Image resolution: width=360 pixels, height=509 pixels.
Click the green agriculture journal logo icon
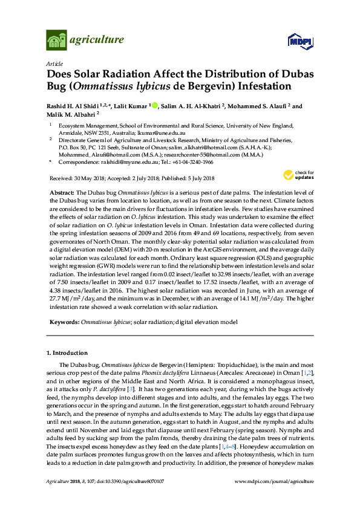[x=56, y=41]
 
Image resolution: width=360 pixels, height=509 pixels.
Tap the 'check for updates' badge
[x=298, y=176]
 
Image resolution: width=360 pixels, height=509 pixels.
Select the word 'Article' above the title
[x=54, y=63]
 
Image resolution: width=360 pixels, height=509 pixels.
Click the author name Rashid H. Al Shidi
[x=73, y=106]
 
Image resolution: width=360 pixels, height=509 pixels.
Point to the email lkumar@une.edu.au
[x=167, y=132]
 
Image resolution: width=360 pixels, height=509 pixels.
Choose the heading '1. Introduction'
[x=67, y=353]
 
